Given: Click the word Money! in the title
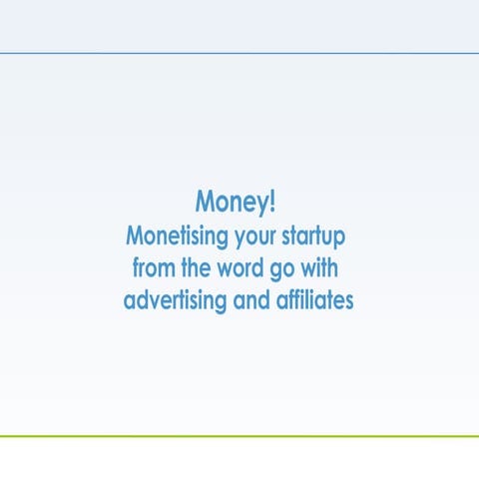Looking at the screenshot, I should tap(235, 203).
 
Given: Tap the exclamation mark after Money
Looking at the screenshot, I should tap(272, 201).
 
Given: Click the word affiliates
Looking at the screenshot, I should tap(314, 299).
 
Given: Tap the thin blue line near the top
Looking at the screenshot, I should tap(239, 52).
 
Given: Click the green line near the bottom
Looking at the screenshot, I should tap(239, 436).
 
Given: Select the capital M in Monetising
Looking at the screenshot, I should tap(136, 237).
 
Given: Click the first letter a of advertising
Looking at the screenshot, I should tap(130, 301).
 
